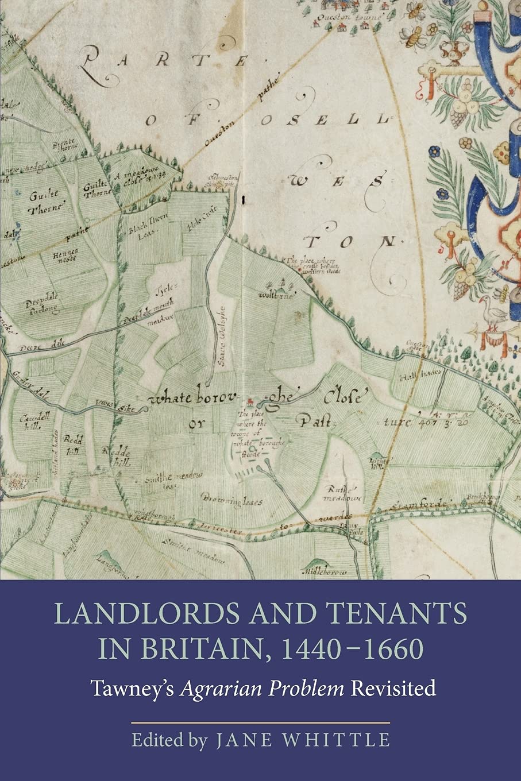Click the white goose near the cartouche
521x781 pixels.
click(x=492, y=314)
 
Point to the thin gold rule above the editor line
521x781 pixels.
click(x=260, y=722)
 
